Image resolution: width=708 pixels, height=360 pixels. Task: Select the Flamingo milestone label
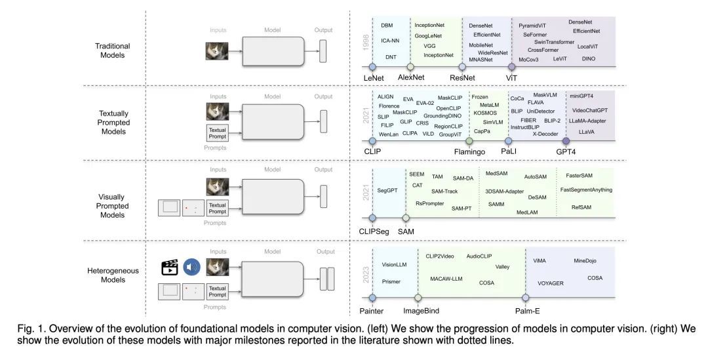[470, 151]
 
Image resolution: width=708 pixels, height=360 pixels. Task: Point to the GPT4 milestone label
[566, 151]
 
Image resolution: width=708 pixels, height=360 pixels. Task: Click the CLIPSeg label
[374, 231]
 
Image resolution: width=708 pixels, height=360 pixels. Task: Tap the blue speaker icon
[191, 268]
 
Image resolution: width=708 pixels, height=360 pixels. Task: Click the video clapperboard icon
[170, 268]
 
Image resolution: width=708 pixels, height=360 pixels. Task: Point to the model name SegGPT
[388, 190]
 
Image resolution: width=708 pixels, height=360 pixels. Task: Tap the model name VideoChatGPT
[589, 110]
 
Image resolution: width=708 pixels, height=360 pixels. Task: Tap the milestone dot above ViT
[511, 67]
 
